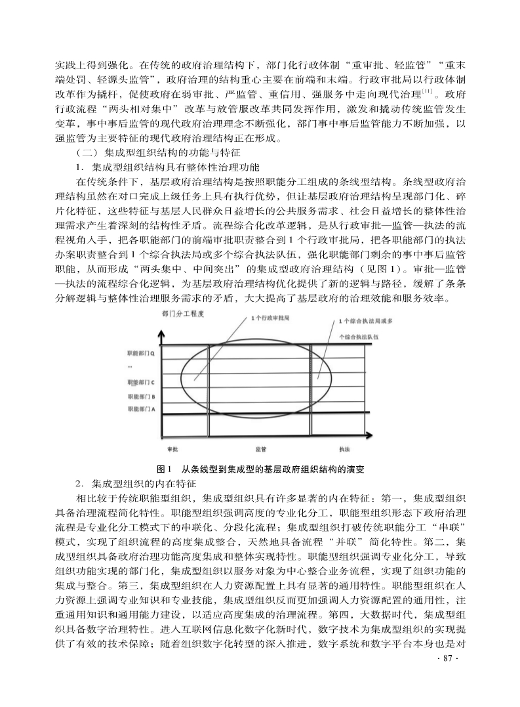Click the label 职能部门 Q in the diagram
[140, 353]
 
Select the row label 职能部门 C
[140, 382]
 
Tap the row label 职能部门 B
[140, 396]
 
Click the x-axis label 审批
[172, 450]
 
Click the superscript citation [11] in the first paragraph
[427, 91]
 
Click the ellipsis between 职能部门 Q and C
[130, 367]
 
